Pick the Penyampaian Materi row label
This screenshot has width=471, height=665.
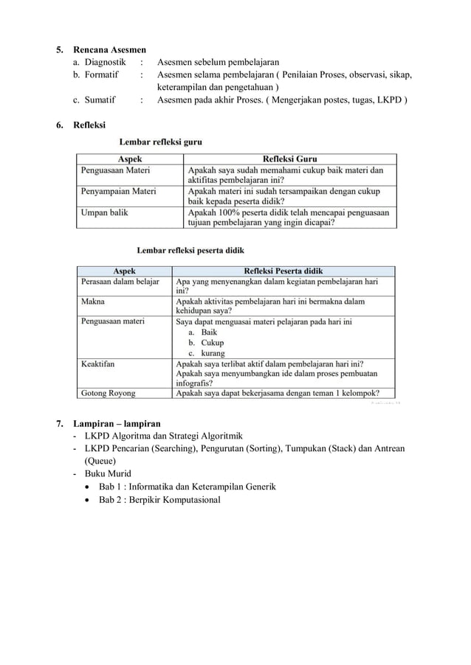point(118,191)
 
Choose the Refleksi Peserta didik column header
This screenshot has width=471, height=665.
point(283,271)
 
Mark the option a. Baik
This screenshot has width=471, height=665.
point(204,332)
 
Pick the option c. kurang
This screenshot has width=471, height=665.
point(207,352)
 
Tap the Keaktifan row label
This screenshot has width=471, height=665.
point(97,363)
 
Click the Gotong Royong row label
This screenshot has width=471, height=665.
point(108,393)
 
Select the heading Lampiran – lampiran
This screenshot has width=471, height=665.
point(117,423)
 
